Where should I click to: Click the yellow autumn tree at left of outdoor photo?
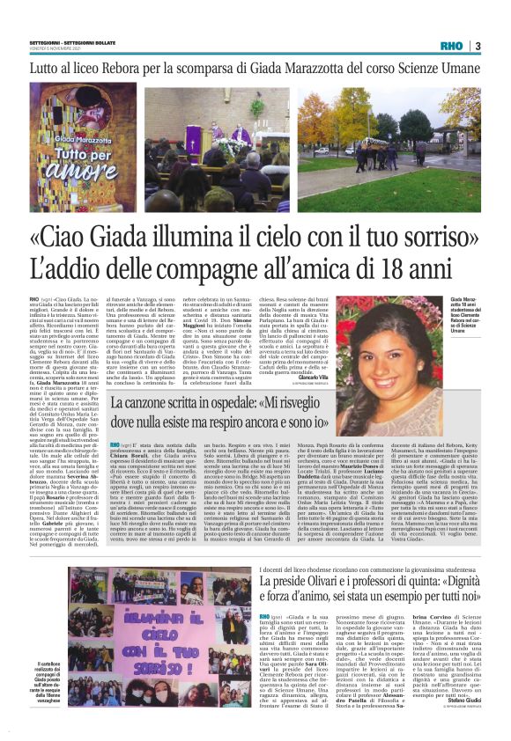pyautogui.click(x=339, y=114)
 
